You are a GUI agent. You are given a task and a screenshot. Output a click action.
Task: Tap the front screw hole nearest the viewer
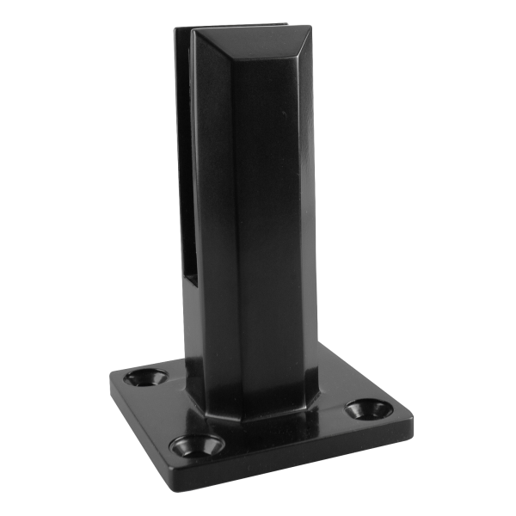[196, 445]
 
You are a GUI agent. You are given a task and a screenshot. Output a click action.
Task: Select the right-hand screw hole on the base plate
[368, 408]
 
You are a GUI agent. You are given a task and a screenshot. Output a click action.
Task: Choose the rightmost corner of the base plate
[411, 421]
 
